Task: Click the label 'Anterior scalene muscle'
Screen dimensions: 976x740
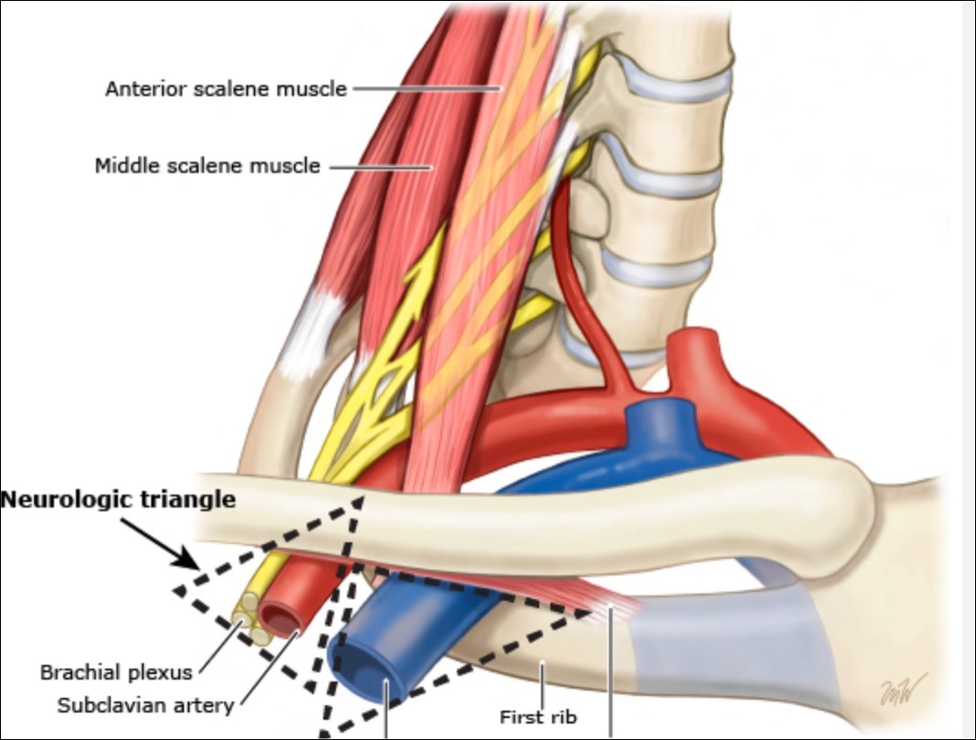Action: click(225, 89)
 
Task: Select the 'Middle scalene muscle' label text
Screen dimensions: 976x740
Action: click(208, 166)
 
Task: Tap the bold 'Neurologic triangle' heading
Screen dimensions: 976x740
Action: click(118, 500)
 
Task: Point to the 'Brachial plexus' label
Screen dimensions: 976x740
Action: click(116, 672)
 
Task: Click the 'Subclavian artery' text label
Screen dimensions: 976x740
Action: click(146, 705)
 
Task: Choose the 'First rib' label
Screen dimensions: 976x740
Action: click(535, 715)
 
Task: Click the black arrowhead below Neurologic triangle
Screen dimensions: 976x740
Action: click(190, 560)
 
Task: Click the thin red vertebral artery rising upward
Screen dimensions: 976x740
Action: click(560, 247)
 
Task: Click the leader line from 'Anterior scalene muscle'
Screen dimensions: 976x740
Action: click(426, 89)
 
